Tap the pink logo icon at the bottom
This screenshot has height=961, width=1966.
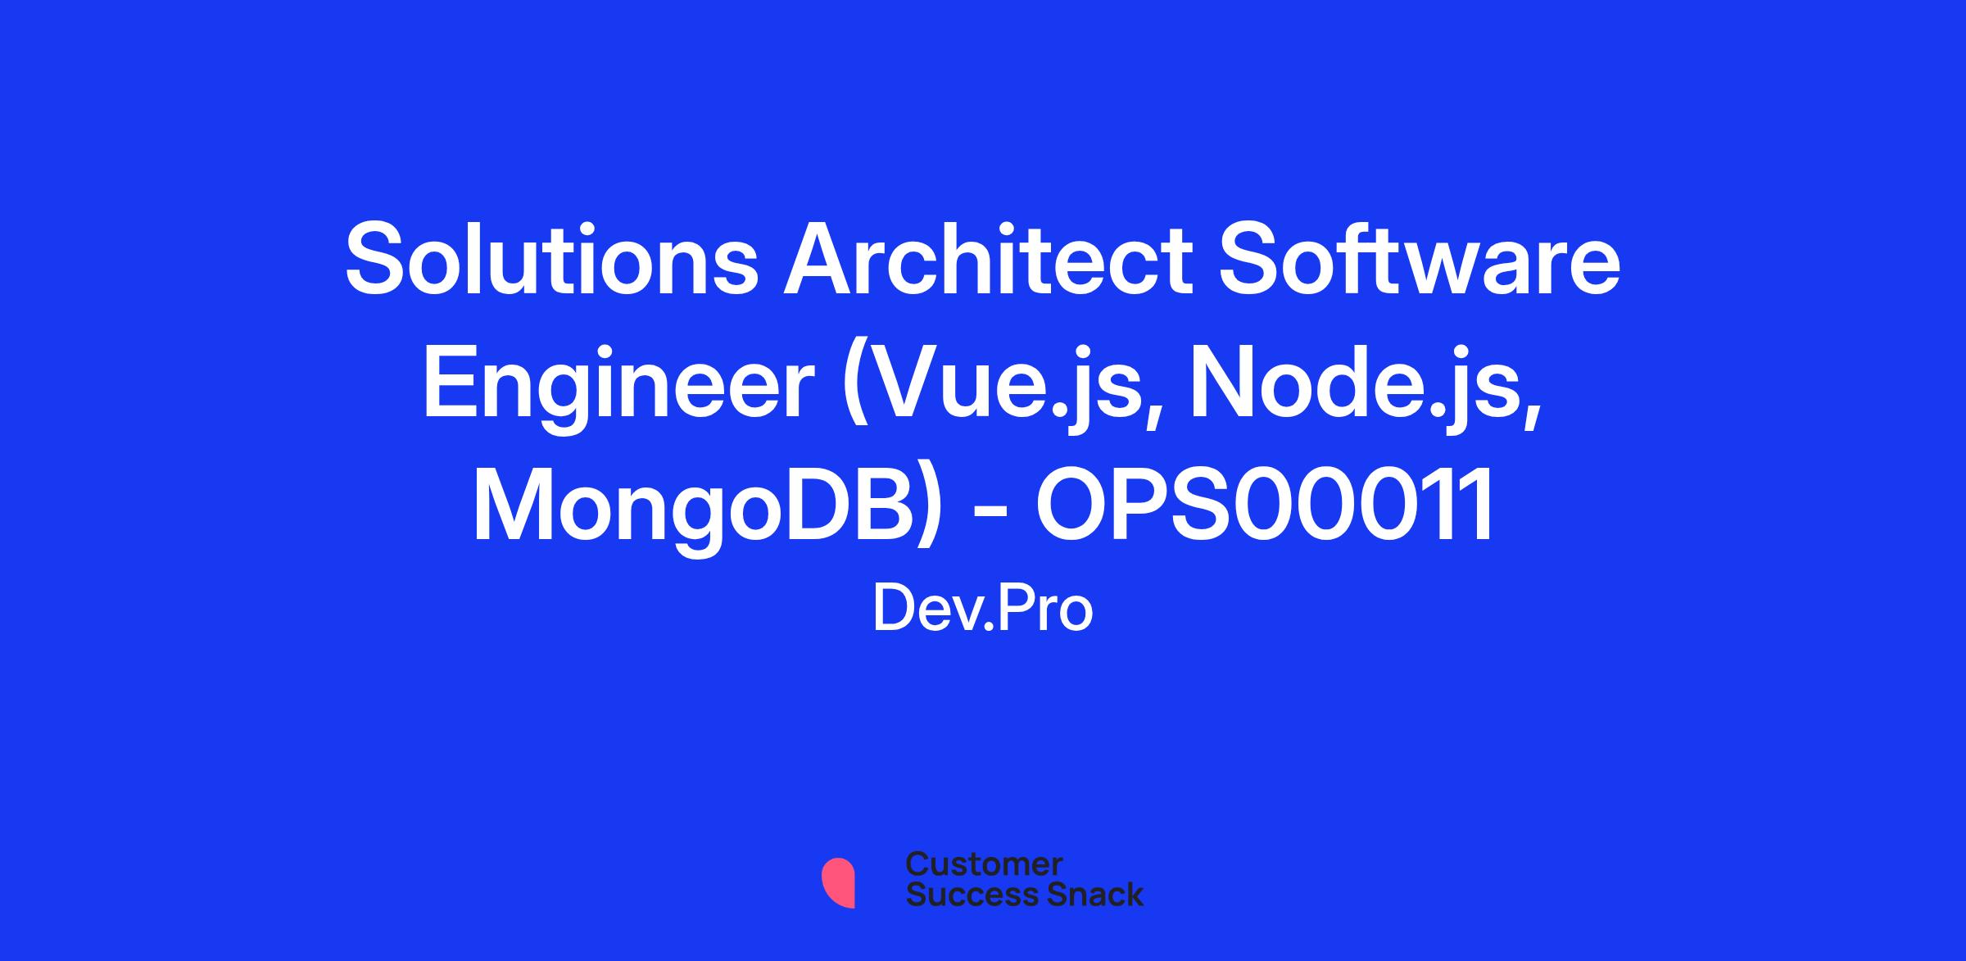click(x=838, y=882)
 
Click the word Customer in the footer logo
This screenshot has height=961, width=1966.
click(x=984, y=864)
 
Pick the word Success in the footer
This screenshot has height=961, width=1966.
click(x=960, y=894)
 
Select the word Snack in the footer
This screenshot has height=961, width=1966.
click(x=1084, y=894)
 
